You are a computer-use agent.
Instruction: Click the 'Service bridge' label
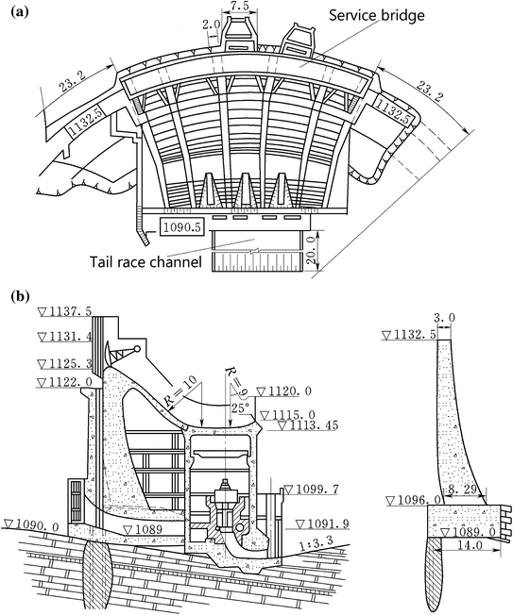376,16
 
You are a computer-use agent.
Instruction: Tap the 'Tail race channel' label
145,261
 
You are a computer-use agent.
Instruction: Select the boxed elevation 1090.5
181,227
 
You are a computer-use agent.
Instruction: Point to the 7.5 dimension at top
240,5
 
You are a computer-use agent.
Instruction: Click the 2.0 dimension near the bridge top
212,25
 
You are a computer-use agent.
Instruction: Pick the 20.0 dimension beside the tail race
312,250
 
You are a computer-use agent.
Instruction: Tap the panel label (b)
20,296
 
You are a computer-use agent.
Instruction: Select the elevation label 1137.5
65,312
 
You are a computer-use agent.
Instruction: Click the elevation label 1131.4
65,336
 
